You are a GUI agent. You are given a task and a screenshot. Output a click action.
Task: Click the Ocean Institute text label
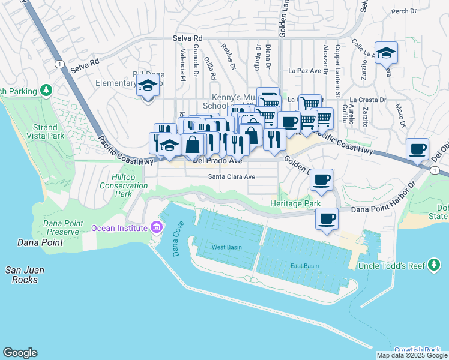[119, 228]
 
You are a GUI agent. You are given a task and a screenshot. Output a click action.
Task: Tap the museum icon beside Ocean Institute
[157, 227]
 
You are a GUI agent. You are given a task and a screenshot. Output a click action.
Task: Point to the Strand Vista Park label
[45, 132]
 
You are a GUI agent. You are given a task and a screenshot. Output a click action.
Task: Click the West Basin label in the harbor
[226, 247]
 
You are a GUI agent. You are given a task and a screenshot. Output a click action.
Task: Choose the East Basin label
[304, 266]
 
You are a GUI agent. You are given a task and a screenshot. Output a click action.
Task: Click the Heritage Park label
[295, 204]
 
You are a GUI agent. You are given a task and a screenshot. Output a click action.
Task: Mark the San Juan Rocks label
[26, 274]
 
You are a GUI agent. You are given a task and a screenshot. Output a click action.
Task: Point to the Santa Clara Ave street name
[232, 177]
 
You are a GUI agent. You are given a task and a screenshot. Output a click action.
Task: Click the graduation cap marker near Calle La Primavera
[386, 52]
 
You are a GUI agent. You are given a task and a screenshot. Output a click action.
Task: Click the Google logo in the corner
[20, 353]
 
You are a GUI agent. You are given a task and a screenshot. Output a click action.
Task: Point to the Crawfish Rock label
[417, 350]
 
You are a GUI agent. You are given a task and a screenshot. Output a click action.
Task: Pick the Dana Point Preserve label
[53, 227]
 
